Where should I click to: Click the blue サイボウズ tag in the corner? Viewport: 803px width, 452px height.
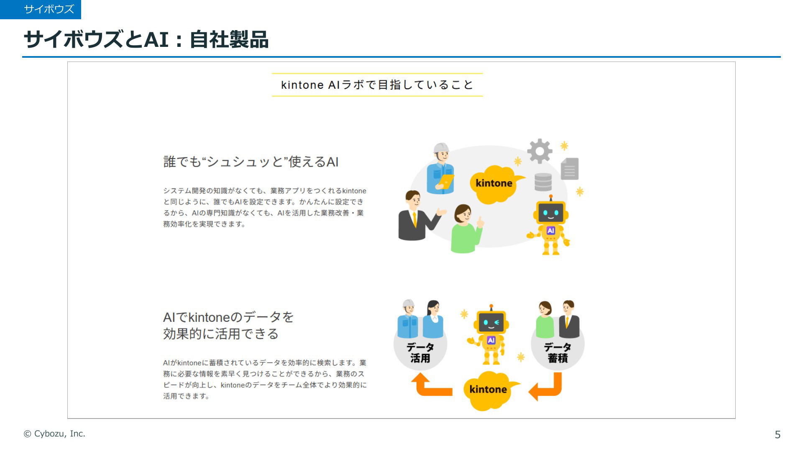[41, 9]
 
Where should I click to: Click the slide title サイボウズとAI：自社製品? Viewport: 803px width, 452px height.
[146, 40]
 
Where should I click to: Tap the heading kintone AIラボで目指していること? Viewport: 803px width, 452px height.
[377, 85]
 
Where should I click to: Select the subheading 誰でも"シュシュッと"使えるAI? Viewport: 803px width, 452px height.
[251, 162]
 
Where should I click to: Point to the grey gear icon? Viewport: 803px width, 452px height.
[540, 151]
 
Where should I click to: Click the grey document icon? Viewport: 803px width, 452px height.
[570, 168]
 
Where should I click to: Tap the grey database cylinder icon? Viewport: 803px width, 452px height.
[543, 182]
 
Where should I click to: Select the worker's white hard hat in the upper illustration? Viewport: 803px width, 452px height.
[441, 148]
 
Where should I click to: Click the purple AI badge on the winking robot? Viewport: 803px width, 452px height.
[491, 340]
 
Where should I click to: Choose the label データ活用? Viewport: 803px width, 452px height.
[420, 353]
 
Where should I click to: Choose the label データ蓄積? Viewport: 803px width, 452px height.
[557, 353]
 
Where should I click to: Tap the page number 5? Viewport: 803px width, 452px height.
[777, 435]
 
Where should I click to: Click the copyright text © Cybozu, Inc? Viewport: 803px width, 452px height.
[54, 434]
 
